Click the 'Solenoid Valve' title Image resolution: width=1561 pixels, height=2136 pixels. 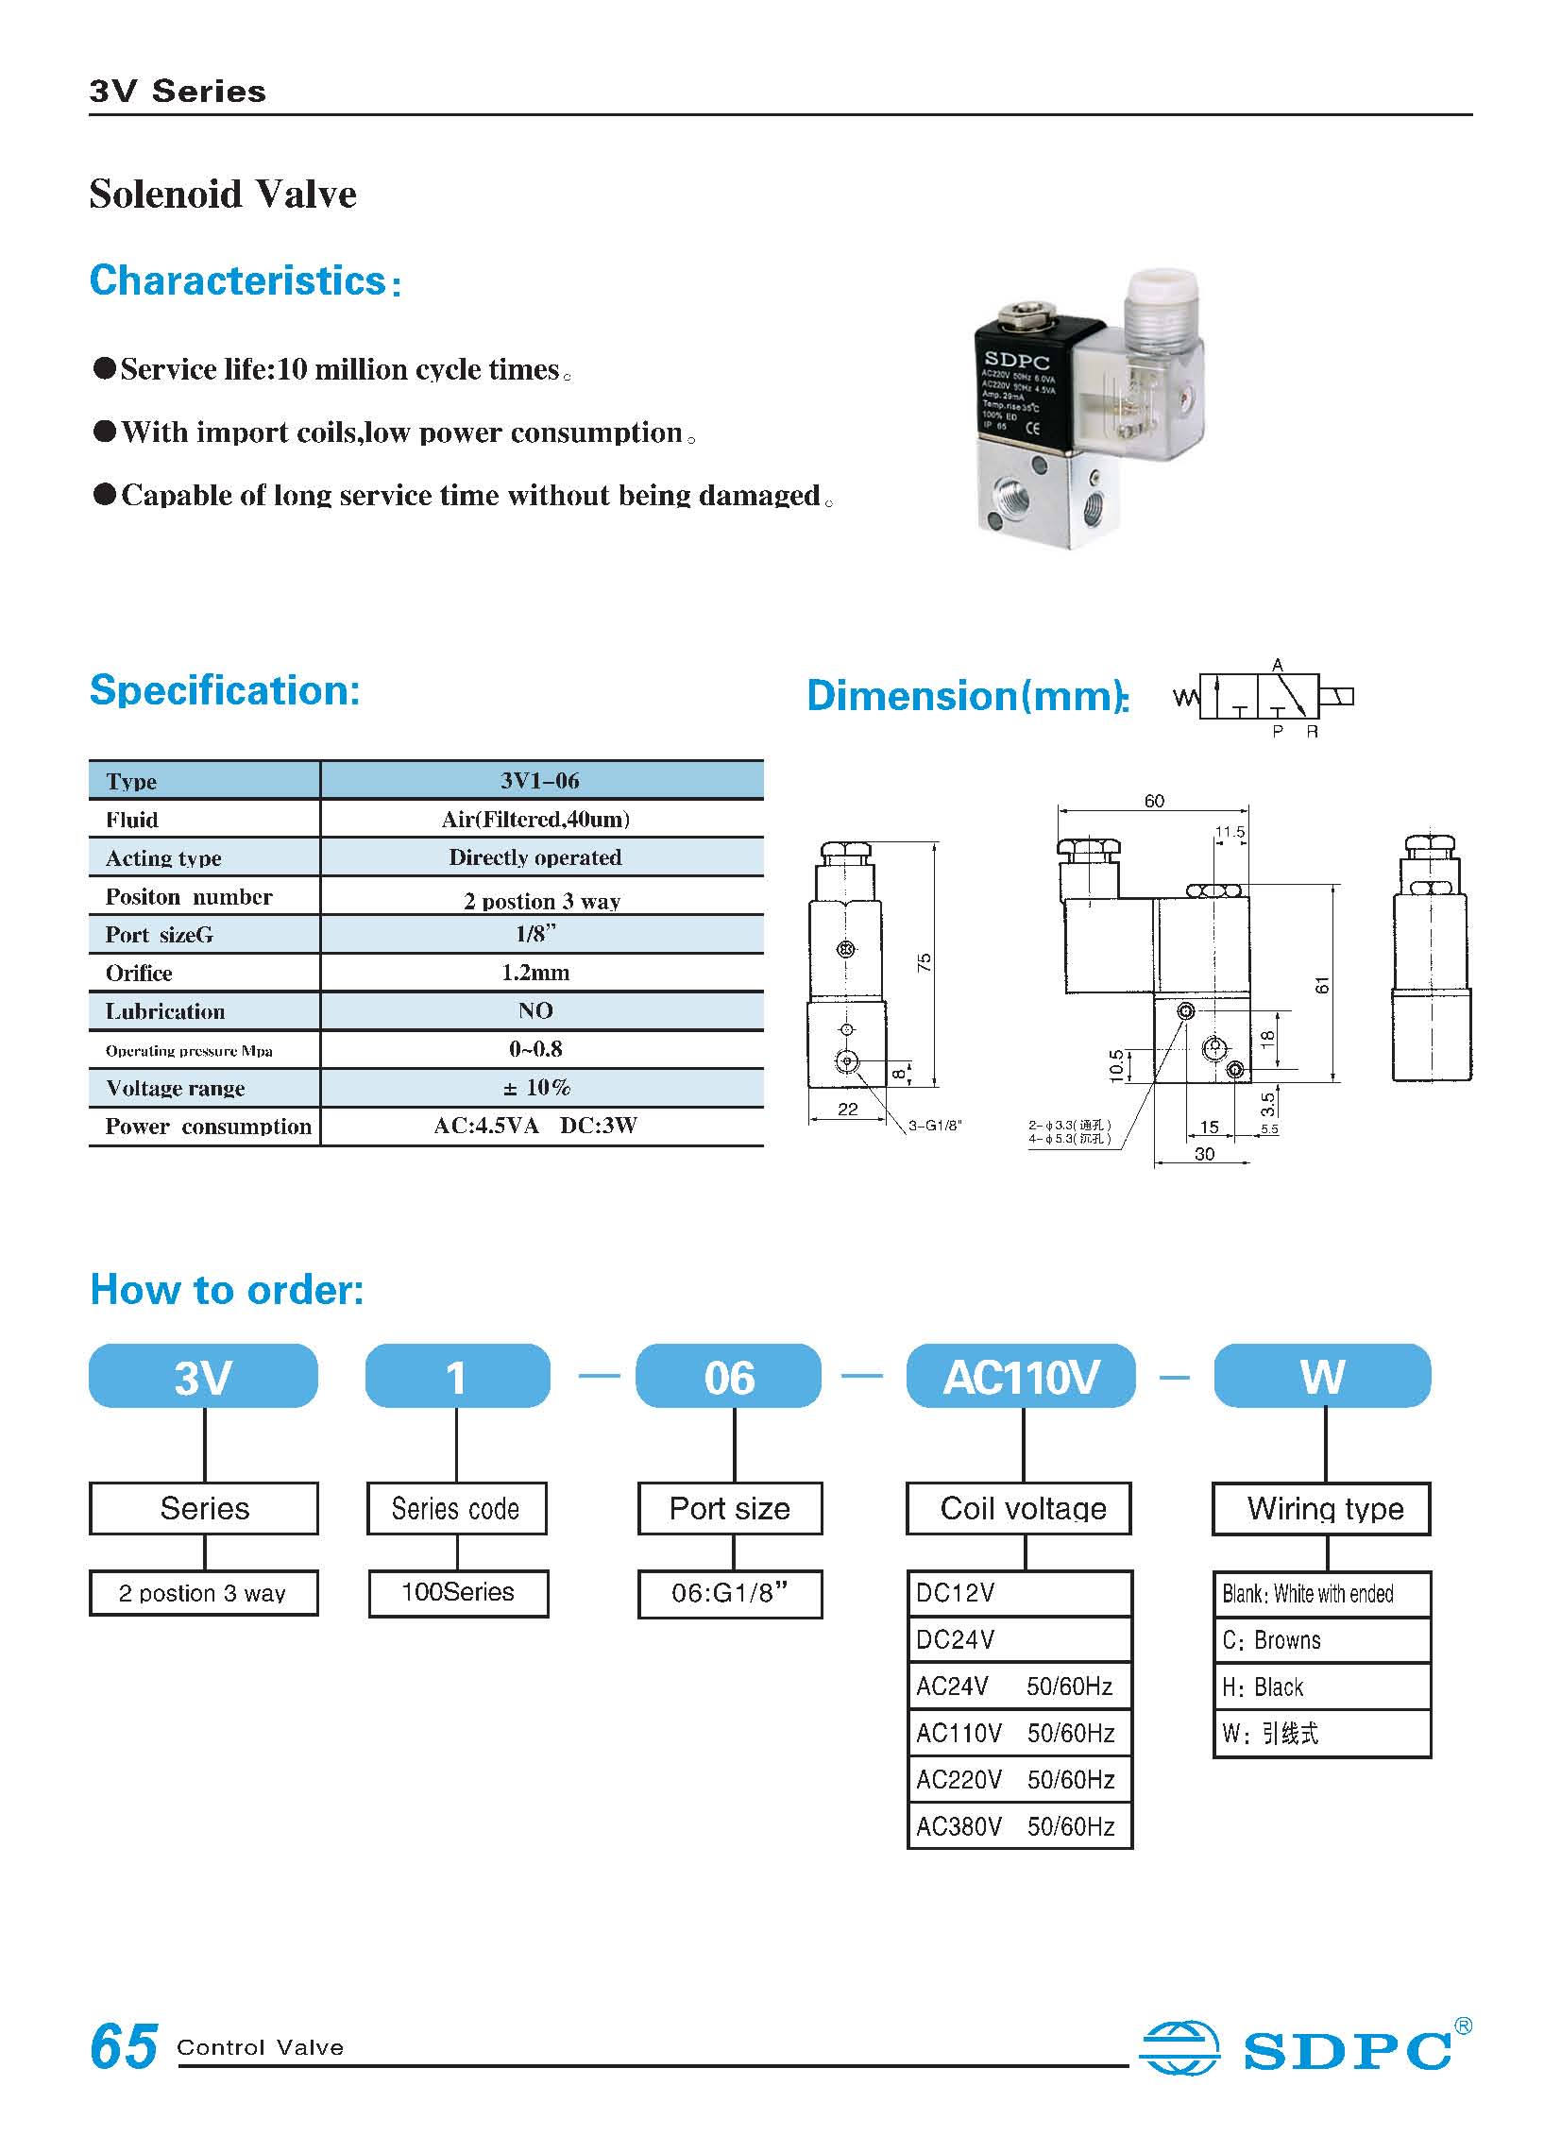pos(223,195)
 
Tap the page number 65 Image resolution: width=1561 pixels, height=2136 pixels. pos(124,2046)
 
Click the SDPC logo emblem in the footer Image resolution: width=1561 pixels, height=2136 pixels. pos(1179,2047)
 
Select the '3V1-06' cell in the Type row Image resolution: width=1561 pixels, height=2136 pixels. pos(539,780)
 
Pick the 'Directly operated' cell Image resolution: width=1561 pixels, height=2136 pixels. pos(534,857)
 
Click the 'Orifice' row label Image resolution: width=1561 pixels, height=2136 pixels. pos(139,973)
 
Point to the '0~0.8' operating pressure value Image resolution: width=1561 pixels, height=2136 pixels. pos(535,1048)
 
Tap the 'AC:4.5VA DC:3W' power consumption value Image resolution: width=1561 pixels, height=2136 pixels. pos(535,1126)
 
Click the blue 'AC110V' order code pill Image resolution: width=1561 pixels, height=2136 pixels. pos(1021,1377)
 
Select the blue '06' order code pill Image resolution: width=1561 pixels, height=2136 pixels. pos(728,1377)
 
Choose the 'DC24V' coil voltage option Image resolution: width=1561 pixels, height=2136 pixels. pos(956,1639)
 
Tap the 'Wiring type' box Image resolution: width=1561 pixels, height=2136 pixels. pos(1324,1509)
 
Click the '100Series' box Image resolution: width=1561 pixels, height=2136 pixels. pos(458,1592)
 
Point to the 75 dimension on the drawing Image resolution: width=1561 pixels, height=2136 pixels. pos(925,962)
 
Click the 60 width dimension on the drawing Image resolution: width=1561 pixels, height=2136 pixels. pos(1154,801)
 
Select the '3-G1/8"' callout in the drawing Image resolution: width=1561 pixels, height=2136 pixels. pos(935,1126)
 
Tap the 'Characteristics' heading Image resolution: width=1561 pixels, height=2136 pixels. pos(238,280)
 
